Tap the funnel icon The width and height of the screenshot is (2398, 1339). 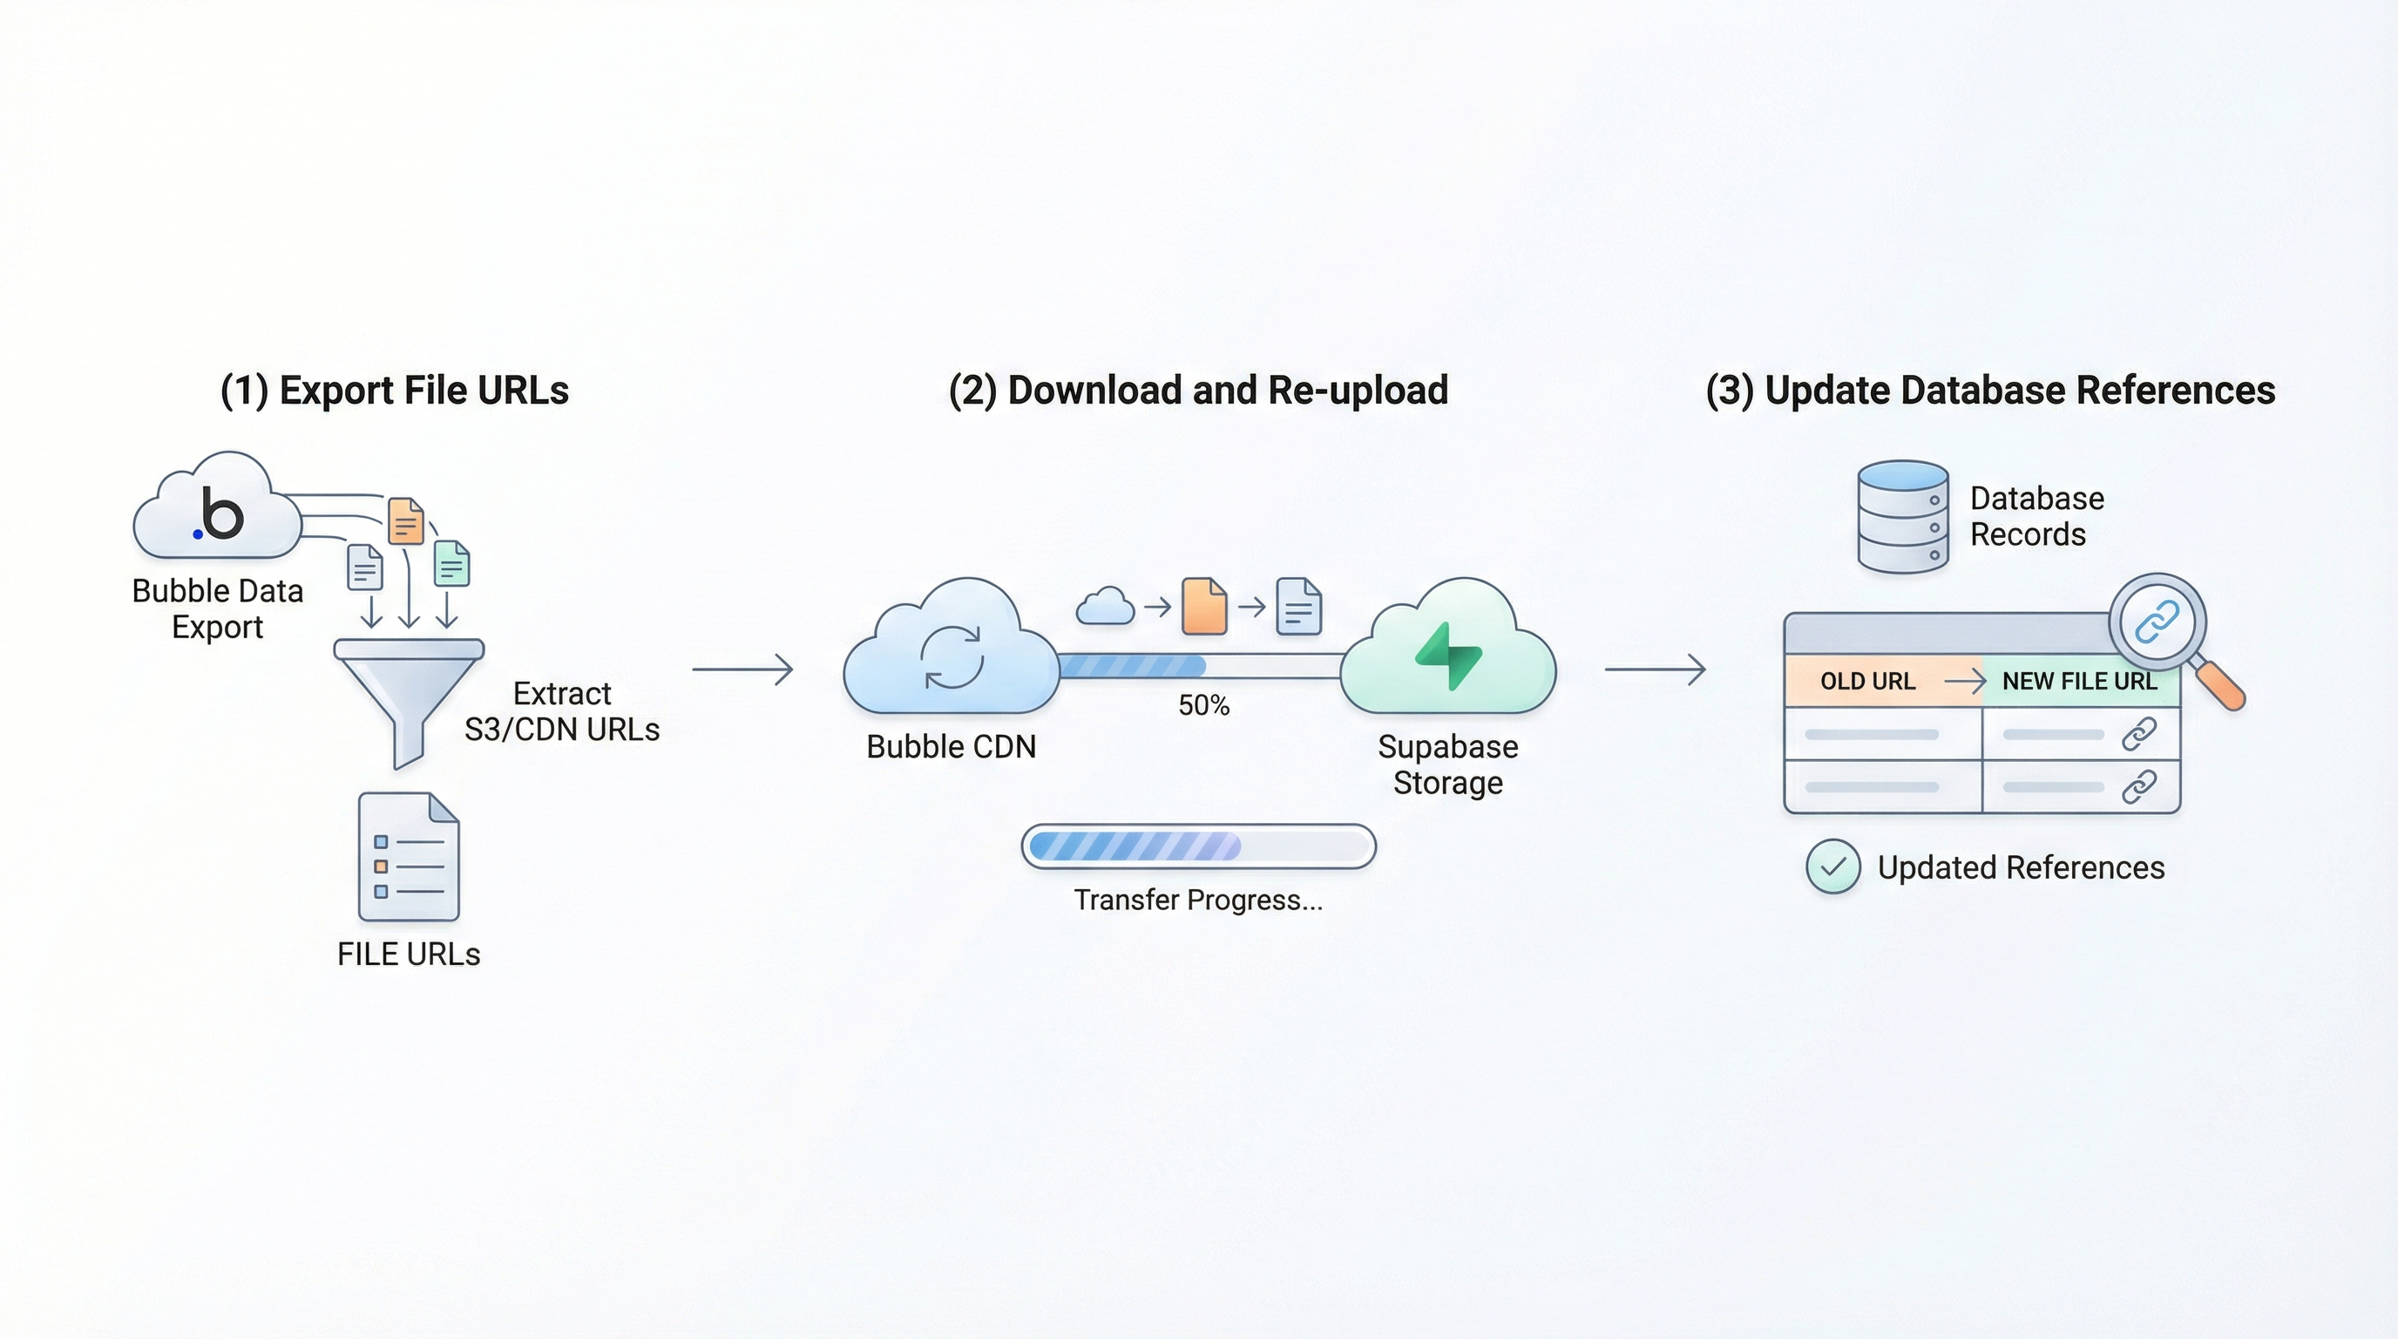coord(409,689)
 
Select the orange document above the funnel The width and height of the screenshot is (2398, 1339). coord(406,520)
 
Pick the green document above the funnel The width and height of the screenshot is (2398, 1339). coord(452,564)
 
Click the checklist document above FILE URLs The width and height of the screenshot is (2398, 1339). coord(409,857)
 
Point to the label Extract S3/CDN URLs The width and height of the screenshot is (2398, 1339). coord(561,711)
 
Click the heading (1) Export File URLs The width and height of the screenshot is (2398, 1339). coord(394,391)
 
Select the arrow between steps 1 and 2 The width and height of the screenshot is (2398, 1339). coord(742,669)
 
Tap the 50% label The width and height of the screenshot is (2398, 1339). coord(1203,706)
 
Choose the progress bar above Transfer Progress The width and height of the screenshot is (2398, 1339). coord(1198,846)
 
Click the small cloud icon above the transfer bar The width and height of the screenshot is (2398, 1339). coord(1105,607)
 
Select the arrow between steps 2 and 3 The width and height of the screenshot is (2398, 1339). coord(1655,669)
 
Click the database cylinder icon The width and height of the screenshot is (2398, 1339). coord(1903,516)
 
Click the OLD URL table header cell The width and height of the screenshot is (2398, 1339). coord(1868,682)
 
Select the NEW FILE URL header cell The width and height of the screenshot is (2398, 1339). coord(2079,682)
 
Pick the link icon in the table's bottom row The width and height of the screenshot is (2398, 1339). coord(2138,787)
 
